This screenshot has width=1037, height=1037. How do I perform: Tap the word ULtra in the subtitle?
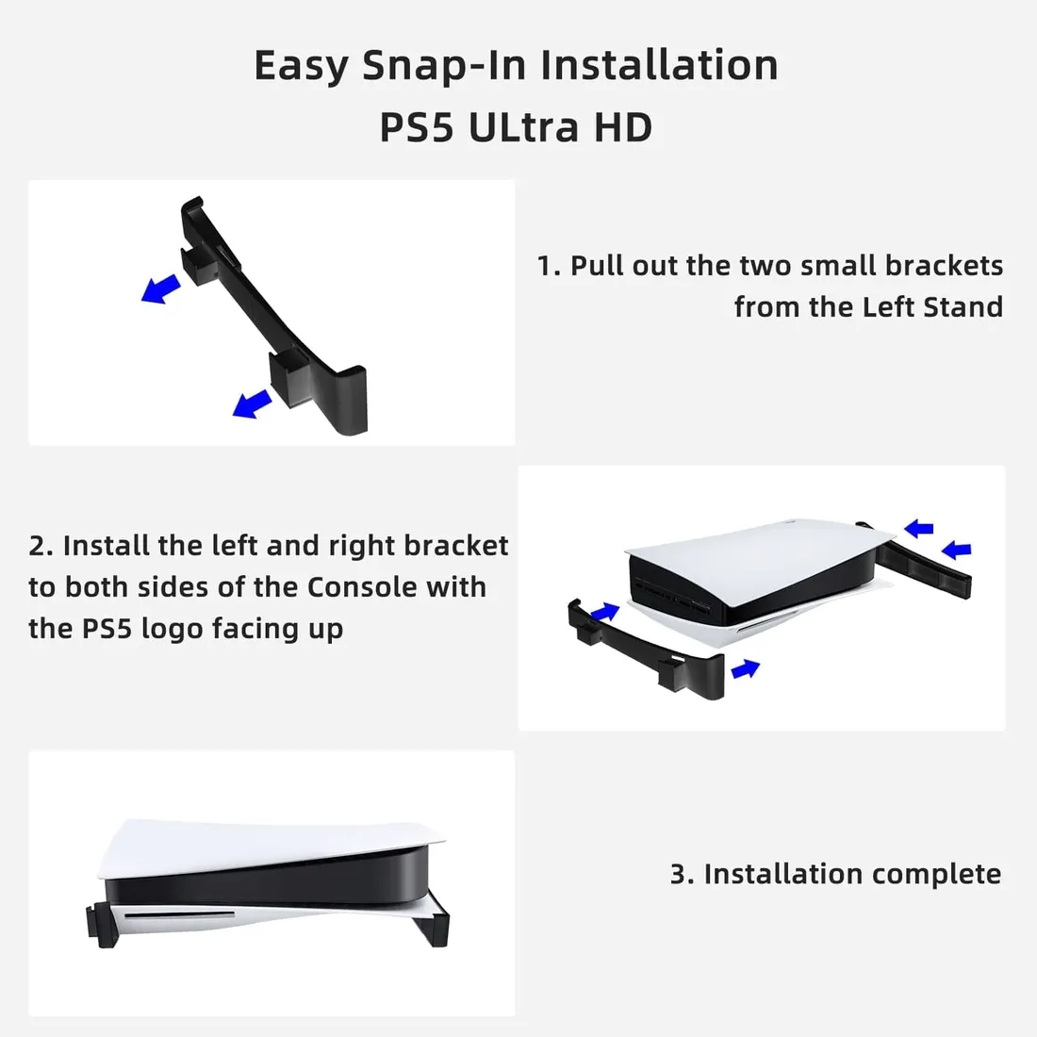(x=522, y=127)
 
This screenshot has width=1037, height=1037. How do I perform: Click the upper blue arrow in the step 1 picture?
(x=161, y=288)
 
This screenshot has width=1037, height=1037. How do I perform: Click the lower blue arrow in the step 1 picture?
(x=253, y=404)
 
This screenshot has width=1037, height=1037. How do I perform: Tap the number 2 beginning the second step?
(x=37, y=547)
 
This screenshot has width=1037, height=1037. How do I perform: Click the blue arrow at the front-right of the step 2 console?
(x=745, y=668)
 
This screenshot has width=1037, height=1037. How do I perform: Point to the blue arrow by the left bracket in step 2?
(x=605, y=613)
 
